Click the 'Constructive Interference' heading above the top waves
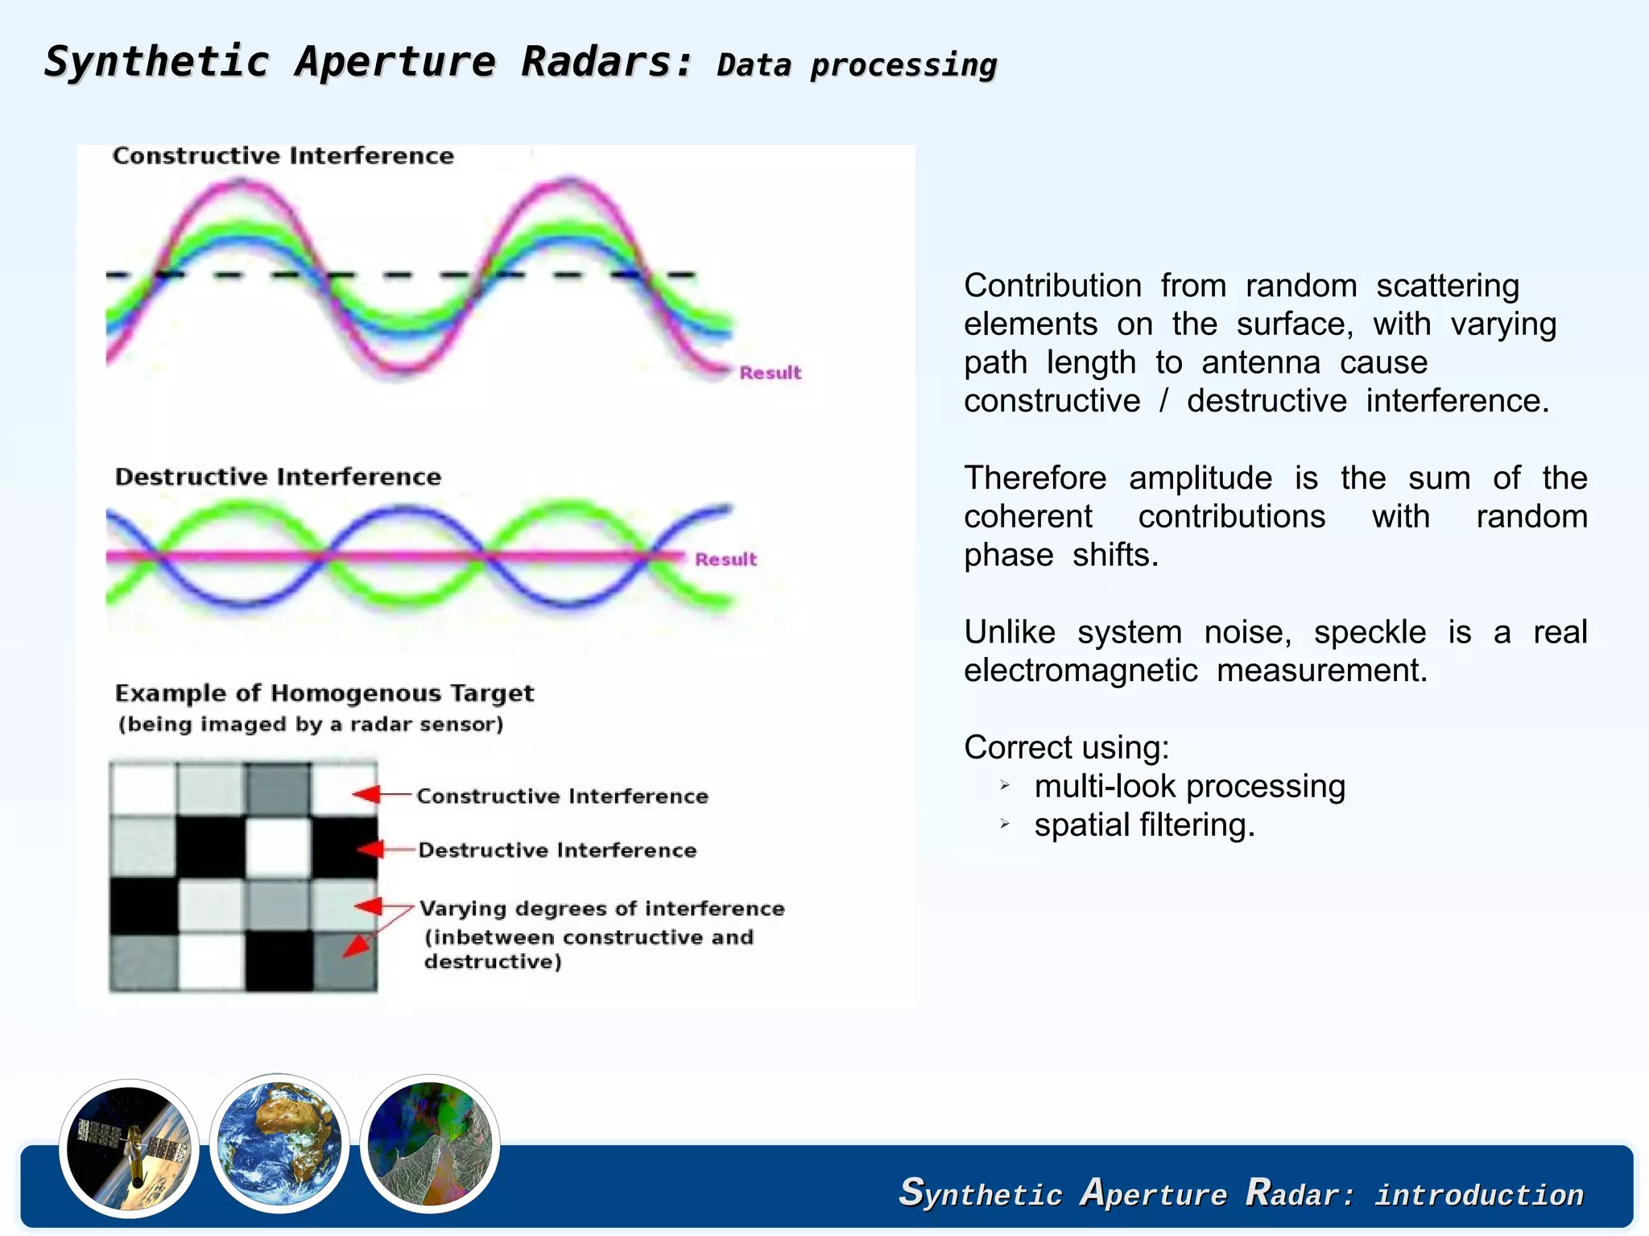pos(283,155)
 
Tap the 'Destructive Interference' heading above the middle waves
pos(278,477)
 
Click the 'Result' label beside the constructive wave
pos(770,373)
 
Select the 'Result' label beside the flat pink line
pos(725,560)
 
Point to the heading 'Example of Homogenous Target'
pos(324,693)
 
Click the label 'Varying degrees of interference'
pos(601,908)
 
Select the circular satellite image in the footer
pos(129,1147)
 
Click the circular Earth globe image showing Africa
pos(279,1143)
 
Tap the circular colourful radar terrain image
pos(429,1143)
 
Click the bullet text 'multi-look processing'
pos(1189,786)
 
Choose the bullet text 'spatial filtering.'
pos(1144,825)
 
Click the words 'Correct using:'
pos(1066,747)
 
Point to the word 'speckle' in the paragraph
pos(1369,632)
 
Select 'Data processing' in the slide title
pos(856,65)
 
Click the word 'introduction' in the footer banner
pos(1478,1195)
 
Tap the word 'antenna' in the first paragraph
pos(1260,362)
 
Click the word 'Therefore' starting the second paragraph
pos(1035,478)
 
